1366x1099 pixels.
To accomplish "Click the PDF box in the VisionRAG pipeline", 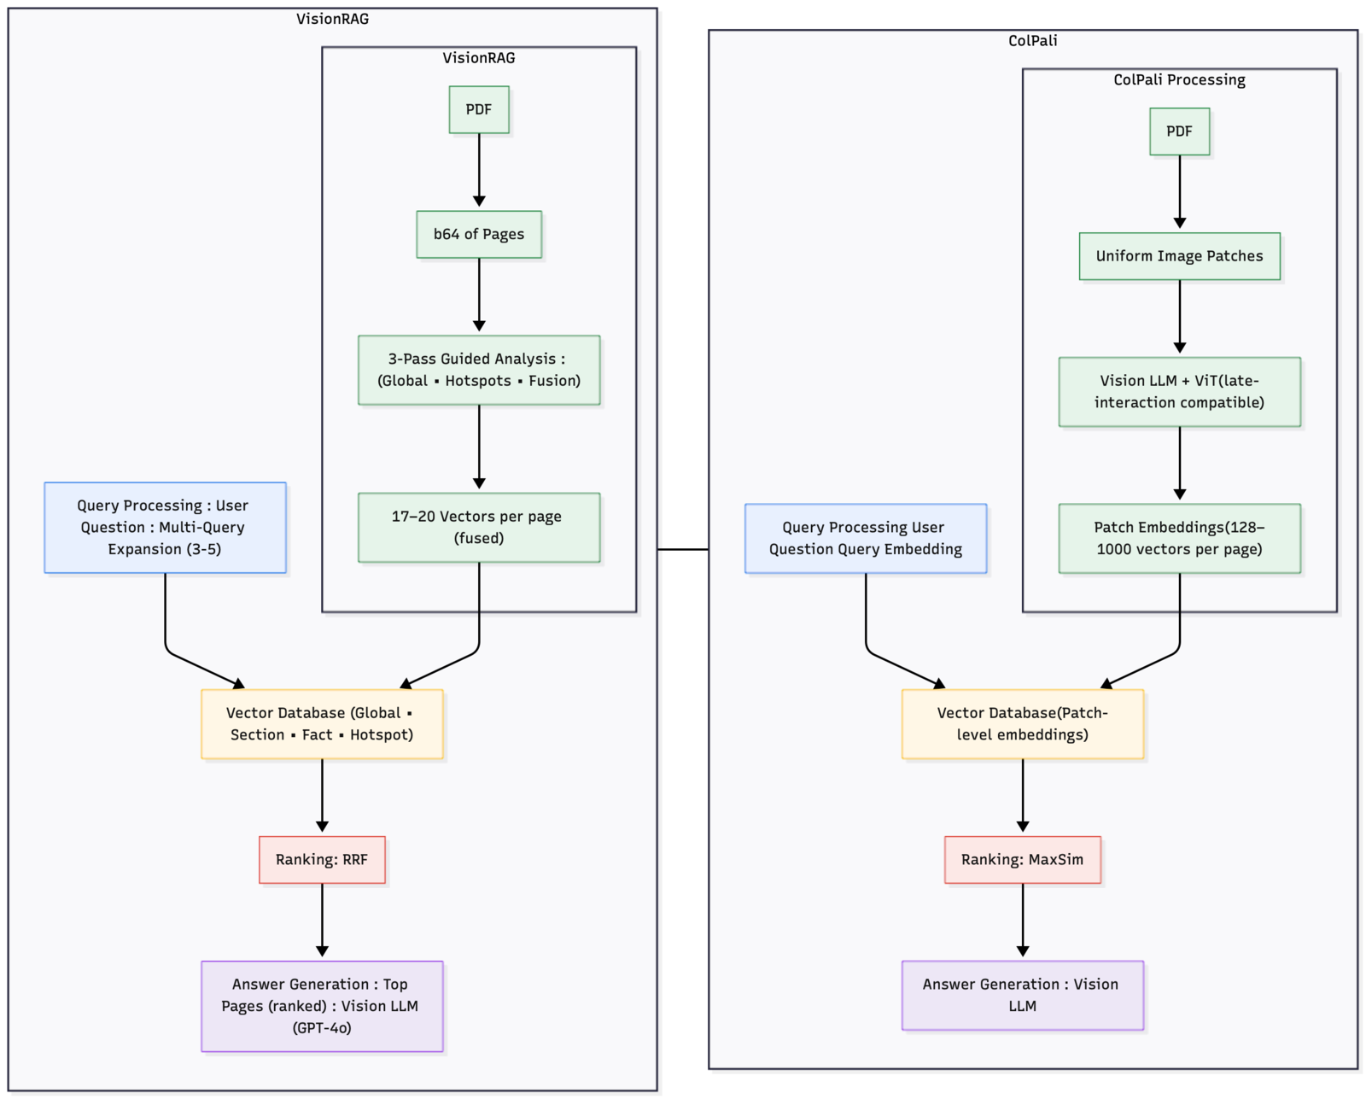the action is [x=479, y=110].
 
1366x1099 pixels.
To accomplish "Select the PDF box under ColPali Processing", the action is [x=1179, y=132].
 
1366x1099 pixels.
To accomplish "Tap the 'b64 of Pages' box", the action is [x=479, y=234].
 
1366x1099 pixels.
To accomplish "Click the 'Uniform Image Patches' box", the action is [x=1179, y=256].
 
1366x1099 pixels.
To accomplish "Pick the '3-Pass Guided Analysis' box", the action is [x=479, y=370].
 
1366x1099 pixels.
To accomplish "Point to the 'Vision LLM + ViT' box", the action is [x=1179, y=392].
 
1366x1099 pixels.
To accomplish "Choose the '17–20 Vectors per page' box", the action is [x=479, y=528].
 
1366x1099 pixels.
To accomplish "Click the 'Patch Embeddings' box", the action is [x=1179, y=538].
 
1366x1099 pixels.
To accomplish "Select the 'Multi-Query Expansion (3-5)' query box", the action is [x=165, y=528].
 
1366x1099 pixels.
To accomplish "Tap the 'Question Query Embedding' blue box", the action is [x=866, y=538].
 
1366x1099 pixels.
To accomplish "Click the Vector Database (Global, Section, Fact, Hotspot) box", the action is [x=322, y=724].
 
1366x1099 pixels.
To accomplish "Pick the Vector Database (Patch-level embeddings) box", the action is [x=1023, y=724].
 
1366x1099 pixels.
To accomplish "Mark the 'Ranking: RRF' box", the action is [x=322, y=860].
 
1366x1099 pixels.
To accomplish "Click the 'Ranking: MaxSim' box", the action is [x=1023, y=860].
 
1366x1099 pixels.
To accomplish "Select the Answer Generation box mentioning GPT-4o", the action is [x=322, y=1006].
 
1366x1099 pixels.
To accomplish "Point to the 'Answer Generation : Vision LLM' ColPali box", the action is [x=1023, y=995].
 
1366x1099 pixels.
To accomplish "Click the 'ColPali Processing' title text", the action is [x=1179, y=80].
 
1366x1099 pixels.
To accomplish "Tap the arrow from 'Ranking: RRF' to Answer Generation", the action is [x=322, y=920].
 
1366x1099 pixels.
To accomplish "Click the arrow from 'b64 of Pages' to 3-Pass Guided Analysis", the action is [x=479, y=295].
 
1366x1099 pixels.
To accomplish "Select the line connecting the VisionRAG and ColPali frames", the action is [x=683, y=549].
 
